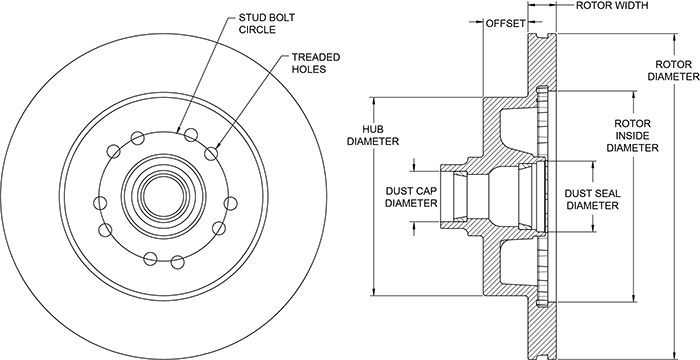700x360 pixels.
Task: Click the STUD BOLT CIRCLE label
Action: point(267,24)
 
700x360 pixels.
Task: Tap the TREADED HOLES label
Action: point(316,63)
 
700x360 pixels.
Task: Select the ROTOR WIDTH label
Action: point(612,5)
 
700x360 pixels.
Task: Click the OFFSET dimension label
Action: point(505,23)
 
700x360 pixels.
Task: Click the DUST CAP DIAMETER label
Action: point(411,197)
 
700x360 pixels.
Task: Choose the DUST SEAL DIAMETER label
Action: point(592,200)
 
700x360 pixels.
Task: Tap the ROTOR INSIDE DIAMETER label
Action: point(633,135)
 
